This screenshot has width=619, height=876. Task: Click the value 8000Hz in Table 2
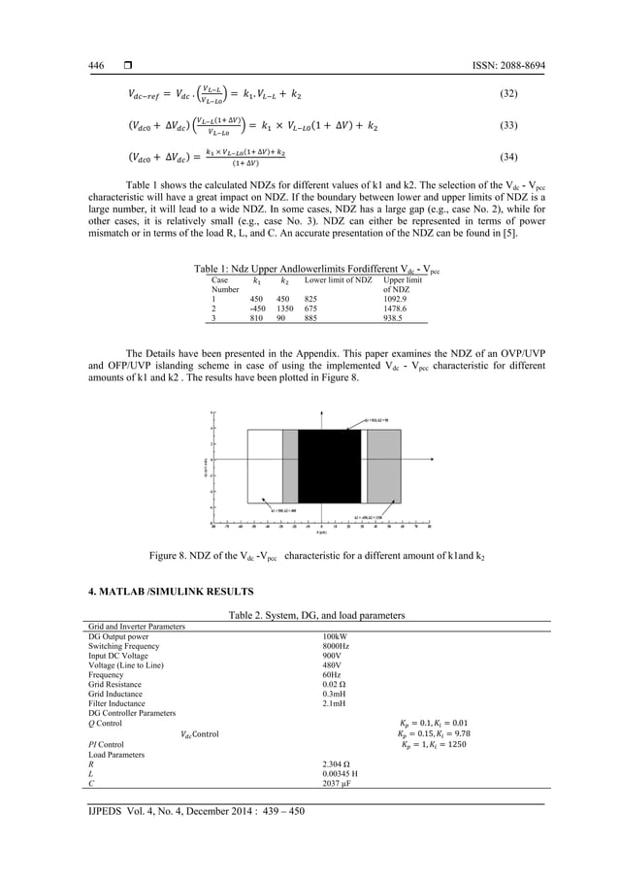tap(337, 646)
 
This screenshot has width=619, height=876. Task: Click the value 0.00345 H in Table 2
tap(342, 773)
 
